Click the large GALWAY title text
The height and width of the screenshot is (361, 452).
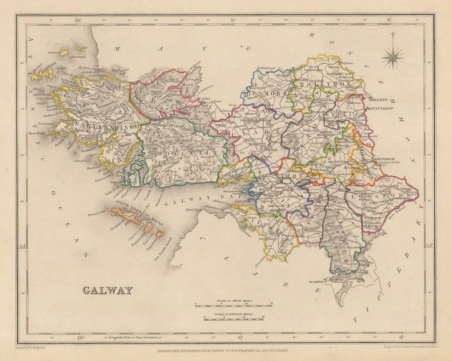pyautogui.click(x=108, y=290)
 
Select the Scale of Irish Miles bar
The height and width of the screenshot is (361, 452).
pyautogui.click(x=233, y=305)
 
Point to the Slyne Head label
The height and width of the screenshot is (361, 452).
pyautogui.click(x=36, y=133)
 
